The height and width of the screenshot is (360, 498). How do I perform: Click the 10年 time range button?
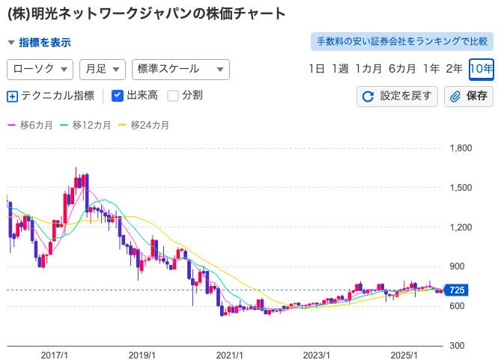coord(481,69)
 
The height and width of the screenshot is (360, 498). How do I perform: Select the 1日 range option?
coord(316,69)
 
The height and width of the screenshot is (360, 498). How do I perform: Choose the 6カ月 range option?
coord(401,69)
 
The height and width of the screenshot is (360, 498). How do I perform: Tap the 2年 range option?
coord(454,69)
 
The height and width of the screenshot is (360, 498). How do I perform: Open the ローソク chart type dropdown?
coord(40,69)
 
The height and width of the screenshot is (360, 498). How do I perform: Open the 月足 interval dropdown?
coord(102,69)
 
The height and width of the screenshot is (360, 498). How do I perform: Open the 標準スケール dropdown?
coord(180,69)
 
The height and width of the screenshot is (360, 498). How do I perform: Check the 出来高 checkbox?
coord(118,96)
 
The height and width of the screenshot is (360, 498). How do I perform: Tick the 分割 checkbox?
coord(173,96)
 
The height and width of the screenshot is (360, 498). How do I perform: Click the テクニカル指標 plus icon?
coord(12,96)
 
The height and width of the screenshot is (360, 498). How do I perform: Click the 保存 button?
coord(468,96)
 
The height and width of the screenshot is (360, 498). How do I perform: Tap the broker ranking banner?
coord(401,40)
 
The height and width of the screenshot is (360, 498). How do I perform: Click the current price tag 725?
coord(457,290)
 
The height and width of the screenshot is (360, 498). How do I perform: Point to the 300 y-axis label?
coord(456,346)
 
